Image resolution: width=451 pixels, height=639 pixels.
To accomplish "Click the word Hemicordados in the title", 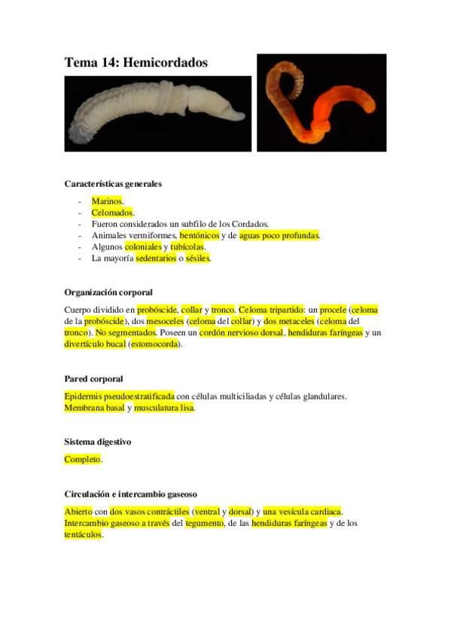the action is (165, 63).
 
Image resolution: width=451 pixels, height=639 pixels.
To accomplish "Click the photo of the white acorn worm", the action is (157, 113).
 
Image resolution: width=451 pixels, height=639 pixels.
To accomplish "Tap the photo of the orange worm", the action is (321, 102).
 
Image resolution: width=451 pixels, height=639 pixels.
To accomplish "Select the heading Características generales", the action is (113, 184).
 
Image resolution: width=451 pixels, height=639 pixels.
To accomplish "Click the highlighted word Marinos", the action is (106, 201).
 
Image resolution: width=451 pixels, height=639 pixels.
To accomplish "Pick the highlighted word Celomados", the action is (112, 212).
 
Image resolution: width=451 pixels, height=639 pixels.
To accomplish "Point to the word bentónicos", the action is (199, 235).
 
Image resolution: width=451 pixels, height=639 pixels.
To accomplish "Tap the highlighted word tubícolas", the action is (187, 246).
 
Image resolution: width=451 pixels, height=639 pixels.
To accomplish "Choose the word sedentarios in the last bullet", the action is (156, 258).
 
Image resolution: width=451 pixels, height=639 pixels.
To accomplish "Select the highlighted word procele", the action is (333, 310).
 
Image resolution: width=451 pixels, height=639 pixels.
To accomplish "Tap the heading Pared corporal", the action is (93, 378).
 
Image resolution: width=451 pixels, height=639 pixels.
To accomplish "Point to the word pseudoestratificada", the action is (136, 396).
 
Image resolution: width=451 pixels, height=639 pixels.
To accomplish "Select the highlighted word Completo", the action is (82, 459).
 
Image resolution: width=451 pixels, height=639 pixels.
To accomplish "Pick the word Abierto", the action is (78, 512).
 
